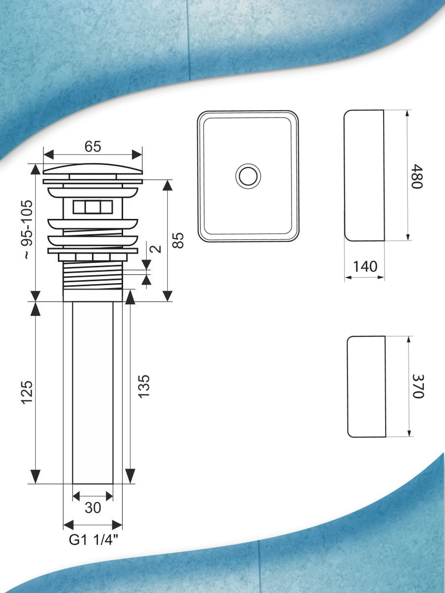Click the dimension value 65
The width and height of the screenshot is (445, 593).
pos(92,147)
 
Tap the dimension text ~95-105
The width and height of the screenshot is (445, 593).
pos(28,230)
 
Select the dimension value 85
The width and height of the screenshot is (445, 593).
pos(178,240)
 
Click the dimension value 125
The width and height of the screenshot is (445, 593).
pos(27,393)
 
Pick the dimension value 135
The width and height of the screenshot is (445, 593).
pos(143,386)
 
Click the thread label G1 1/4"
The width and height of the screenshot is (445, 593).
pos(93,540)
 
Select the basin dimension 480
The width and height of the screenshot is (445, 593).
pos(416,176)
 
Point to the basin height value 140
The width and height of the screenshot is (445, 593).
pos(365,267)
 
